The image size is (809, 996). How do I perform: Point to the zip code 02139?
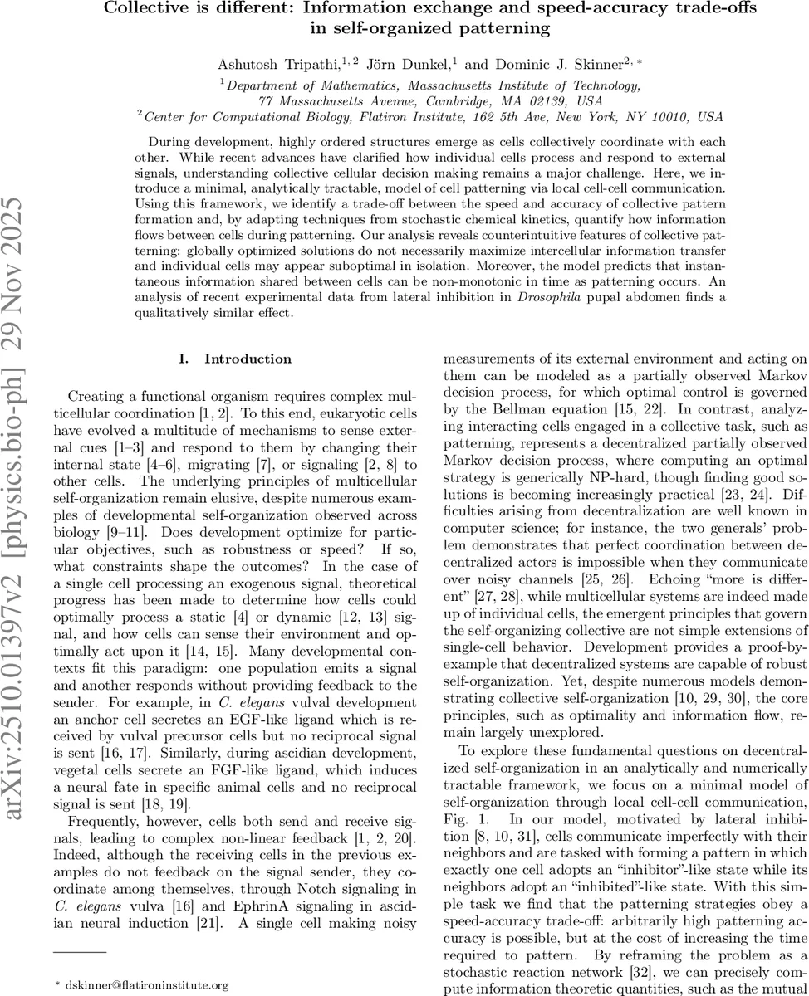[x=550, y=100]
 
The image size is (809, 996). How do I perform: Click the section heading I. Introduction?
[x=235, y=359]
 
